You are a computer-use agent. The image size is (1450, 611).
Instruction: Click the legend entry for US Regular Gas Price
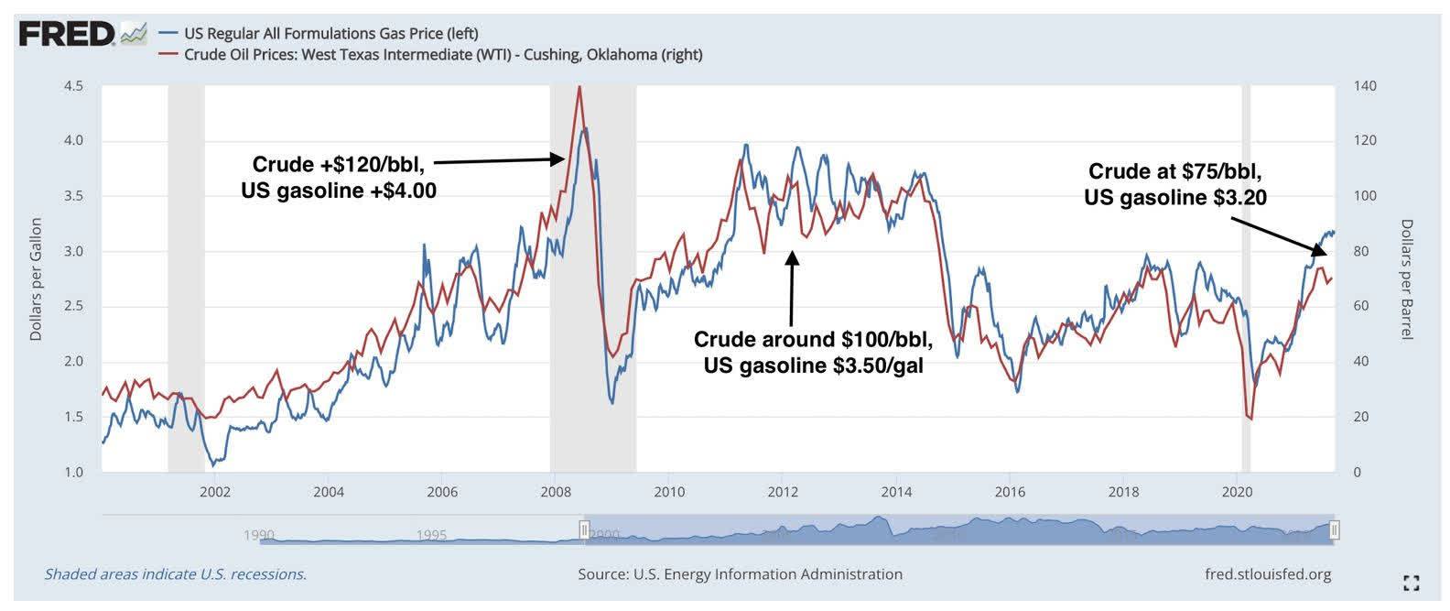click(x=330, y=34)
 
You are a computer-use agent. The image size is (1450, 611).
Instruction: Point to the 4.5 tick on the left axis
click(x=73, y=86)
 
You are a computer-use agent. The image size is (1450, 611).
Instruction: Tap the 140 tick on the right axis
click(x=1364, y=86)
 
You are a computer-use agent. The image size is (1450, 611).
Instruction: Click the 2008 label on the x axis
click(x=556, y=491)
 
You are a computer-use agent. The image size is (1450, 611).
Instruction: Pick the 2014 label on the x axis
click(x=896, y=491)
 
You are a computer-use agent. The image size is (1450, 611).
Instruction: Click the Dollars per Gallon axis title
click(x=37, y=279)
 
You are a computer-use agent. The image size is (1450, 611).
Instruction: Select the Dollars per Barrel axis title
click(x=1407, y=279)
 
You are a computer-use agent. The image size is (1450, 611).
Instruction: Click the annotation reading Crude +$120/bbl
click(x=338, y=165)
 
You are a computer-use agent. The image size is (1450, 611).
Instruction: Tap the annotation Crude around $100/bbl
click(x=813, y=340)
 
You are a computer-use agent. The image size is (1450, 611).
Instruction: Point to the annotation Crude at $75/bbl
click(x=1175, y=171)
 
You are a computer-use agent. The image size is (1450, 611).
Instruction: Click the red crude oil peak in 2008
click(x=579, y=88)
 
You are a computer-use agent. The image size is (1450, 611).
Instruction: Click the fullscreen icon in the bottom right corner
click(x=1411, y=582)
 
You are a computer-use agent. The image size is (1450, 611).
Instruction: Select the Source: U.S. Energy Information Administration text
click(x=740, y=574)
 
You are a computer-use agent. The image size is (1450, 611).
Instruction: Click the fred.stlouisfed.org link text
click(x=1269, y=574)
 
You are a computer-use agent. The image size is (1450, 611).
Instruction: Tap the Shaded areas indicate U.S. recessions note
click(x=175, y=574)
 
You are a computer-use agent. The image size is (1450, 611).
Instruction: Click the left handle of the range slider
click(x=584, y=529)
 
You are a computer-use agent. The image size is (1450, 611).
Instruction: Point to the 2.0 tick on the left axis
click(x=73, y=362)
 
